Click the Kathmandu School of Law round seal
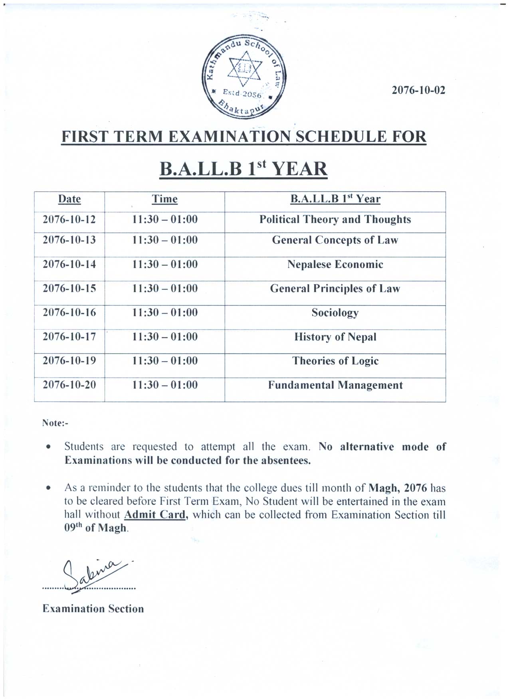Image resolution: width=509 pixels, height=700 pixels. (x=244, y=77)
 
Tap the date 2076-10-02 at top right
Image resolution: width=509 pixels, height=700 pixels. (x=418, y=90)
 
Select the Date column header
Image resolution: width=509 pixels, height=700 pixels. (x=69, y=199)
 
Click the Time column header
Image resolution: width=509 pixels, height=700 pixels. (x=164, y=199)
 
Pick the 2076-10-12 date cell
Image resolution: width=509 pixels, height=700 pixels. (x=69, y=219)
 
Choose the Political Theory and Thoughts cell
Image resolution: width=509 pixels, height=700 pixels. (x=335, y=219)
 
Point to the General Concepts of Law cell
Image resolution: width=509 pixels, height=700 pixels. (x=335, y=240)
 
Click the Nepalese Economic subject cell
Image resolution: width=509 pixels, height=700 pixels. (x=335, y=265)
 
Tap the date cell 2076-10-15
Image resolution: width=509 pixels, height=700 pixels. (x=69, y=289)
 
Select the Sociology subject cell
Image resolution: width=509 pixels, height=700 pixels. (x=335, y=313)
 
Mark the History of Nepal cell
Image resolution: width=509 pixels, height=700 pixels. (x=335, y=337)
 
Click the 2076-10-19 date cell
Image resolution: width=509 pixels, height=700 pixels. (x=69, y=361)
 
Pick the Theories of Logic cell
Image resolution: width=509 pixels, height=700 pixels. (x=335, y=361)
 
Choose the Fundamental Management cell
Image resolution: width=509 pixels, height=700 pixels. (x=335, y=385)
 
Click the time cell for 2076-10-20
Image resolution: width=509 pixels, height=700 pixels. (x=164, y=385)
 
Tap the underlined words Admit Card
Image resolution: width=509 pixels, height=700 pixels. (x=155, y=515)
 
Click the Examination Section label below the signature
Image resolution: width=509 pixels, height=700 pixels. (x=93, y=609)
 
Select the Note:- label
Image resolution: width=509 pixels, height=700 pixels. (x=55, y=423)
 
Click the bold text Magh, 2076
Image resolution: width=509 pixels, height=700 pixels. (x=398, y=488)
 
